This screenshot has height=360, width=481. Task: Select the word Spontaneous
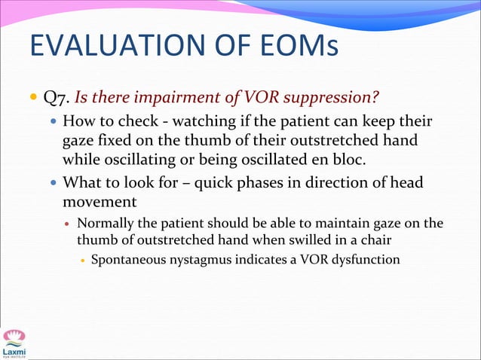126,261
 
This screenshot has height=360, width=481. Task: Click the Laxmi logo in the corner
14,343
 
